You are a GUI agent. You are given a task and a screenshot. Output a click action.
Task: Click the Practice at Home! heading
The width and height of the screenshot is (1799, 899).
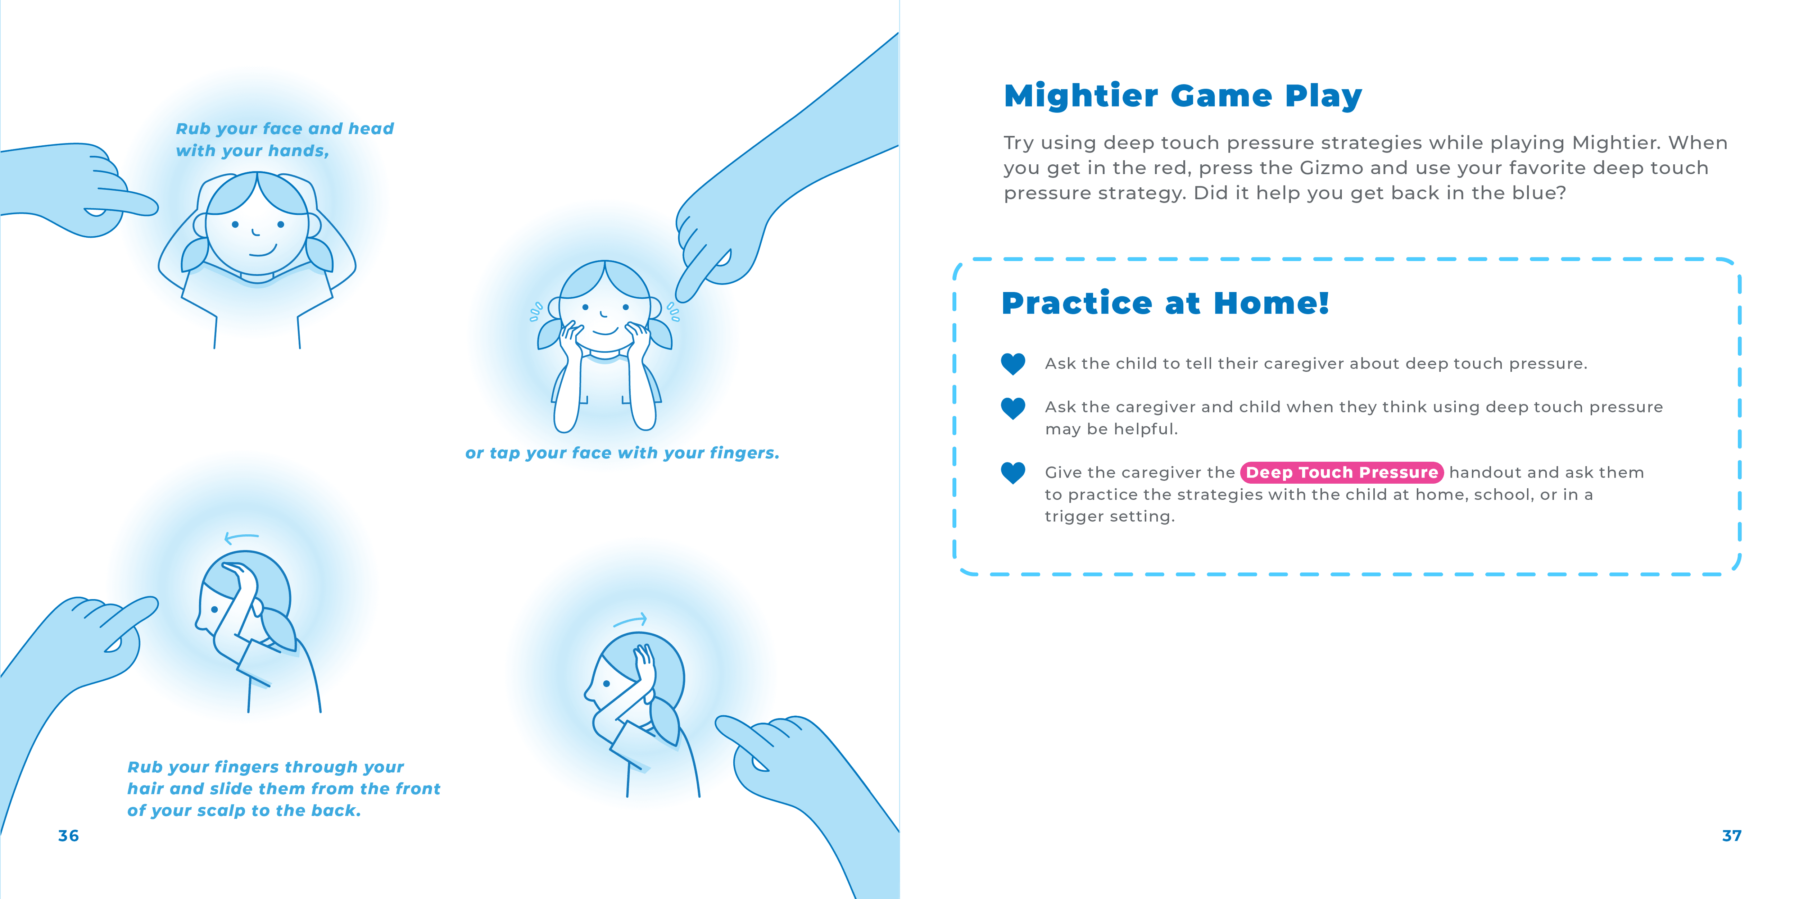tap(1165, 303)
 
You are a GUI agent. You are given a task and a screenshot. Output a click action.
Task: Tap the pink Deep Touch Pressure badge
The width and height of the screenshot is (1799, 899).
tap(1342, 473)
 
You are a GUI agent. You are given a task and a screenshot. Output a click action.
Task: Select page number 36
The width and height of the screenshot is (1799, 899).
tap(68, 835)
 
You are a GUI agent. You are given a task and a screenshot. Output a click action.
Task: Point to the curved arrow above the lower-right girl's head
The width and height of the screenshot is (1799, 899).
tap(631, 620)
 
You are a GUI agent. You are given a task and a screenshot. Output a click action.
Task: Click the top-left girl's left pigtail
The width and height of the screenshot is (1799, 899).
tap(195, 254)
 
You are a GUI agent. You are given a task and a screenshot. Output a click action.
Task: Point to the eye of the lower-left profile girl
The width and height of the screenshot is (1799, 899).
tap(214, 609)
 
